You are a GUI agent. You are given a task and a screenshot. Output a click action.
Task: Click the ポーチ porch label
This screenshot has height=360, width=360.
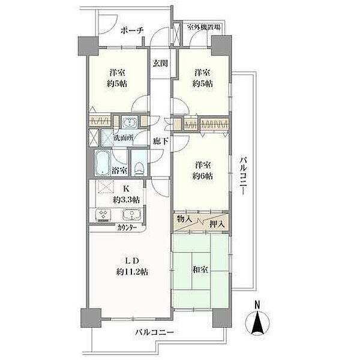click(132, 31)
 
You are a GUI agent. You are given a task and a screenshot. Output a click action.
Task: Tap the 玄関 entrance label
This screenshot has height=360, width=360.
click(160, 63)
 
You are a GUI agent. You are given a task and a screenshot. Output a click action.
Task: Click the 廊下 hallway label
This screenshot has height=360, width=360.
click(161, 142)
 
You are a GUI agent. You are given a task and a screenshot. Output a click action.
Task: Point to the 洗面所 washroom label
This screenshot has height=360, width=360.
click(124, 138)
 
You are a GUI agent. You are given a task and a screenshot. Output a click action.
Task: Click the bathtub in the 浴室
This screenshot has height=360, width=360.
click(103, 163)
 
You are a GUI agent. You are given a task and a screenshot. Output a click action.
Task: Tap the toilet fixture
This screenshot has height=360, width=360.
click(139, 169)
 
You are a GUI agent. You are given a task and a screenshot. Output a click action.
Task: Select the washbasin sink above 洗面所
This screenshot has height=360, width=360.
click(130, 121)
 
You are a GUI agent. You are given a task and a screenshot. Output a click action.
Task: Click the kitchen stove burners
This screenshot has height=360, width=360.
click(104, 215)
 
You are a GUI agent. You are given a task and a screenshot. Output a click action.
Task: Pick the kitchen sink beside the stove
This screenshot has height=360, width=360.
click(131, 215)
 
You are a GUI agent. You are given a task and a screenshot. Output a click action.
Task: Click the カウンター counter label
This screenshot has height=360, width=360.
click(127, 228)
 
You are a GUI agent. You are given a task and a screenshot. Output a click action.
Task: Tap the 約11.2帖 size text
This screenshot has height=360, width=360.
click(132, 272)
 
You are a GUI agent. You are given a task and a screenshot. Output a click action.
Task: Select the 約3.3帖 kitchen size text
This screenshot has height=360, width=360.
click(126, 200)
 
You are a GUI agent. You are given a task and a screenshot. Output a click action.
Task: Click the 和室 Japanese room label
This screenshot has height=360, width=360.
click(200, 270)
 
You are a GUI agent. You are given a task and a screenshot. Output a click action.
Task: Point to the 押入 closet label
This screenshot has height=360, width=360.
click(217, 224)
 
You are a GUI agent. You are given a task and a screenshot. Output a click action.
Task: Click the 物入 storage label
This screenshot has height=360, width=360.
click(184, 219)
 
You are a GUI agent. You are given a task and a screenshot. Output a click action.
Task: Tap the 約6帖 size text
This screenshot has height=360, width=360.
click(203, 176)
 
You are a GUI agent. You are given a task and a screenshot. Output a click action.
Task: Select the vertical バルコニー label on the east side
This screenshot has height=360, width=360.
click(244, 176)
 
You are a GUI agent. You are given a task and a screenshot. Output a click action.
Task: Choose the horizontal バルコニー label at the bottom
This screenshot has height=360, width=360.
click(155, 332)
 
